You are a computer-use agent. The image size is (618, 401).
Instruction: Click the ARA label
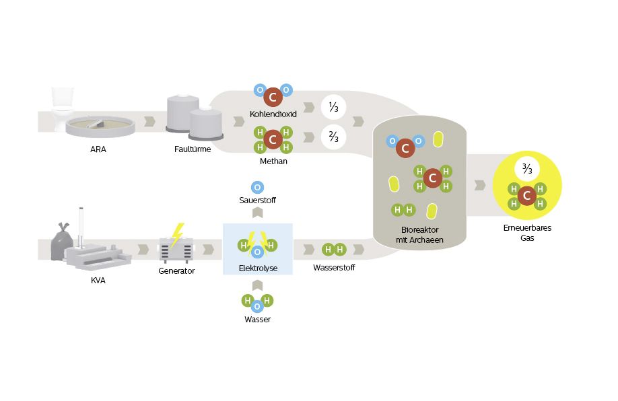[98, 149]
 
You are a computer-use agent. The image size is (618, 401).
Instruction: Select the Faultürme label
[188, 149]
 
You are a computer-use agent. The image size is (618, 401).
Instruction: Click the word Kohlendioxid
[273, 114]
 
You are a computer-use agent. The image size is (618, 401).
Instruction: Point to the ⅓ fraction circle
[333, 107]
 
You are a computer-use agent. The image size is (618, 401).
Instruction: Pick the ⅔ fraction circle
[333, 137]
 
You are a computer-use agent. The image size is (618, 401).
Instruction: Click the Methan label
[273, 161]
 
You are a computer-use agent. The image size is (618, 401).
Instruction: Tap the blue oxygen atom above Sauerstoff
[257, 188]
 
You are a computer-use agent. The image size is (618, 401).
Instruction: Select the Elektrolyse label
[258, 268]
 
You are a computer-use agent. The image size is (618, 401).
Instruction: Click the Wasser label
[257, 319]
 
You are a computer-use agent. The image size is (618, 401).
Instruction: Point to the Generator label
[176, 270]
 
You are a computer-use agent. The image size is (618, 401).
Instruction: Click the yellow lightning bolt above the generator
[177, 233]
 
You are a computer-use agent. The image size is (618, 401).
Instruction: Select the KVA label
[98, 281]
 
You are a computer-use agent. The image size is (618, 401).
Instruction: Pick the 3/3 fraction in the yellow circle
[527, 168]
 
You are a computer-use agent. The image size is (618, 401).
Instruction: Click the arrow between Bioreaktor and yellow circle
[480, 185]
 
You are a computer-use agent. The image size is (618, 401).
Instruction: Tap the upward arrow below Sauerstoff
[257, 213]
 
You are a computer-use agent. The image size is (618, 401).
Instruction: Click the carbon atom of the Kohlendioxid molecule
[273, 98]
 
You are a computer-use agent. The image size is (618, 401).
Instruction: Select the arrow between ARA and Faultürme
[150, 122]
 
